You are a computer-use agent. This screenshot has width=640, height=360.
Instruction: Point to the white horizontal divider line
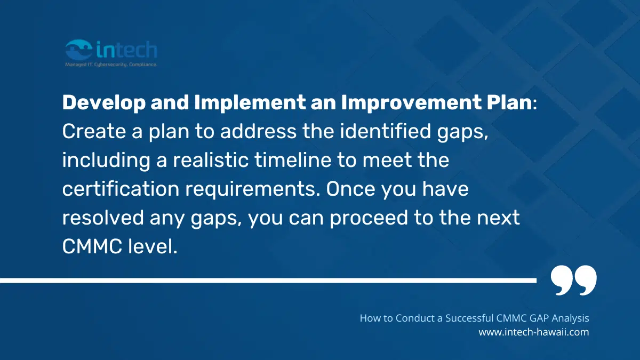[x=267, y=280]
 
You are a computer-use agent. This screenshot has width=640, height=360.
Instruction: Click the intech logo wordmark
[x=127, y=50]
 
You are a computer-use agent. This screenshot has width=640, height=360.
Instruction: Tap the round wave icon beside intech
[x=78, y=50]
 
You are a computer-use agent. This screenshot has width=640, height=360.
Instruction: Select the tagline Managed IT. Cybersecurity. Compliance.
[x=110, y=65]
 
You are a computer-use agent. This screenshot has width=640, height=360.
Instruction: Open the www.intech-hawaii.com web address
[x=533, y=332]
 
